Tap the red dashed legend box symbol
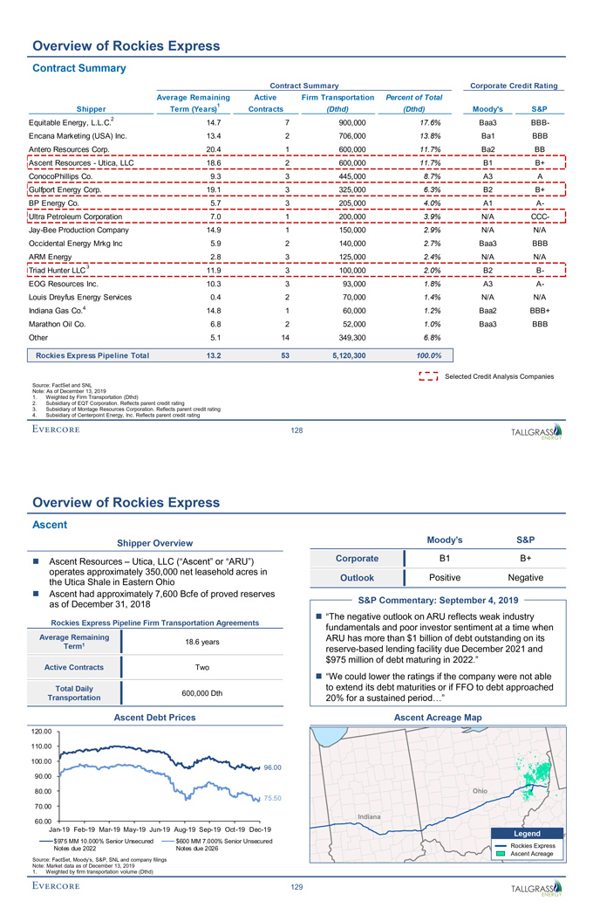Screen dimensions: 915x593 pyautogui.click(x=429, y=376)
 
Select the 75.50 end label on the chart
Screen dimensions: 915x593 pyautogui.click(x=275, y=798)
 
